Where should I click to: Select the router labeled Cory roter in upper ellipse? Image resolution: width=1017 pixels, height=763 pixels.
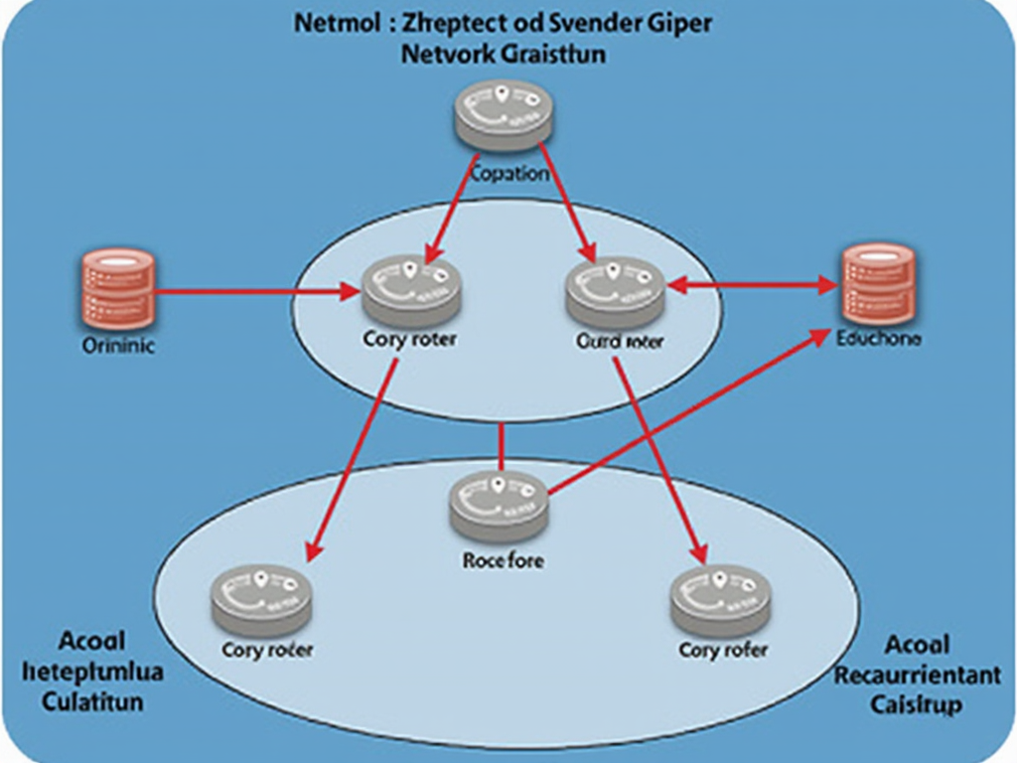pos(411,289)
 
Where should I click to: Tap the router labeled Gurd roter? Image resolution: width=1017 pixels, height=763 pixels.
pos(614,290)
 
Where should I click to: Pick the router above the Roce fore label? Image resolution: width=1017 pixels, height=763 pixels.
pos(499,505)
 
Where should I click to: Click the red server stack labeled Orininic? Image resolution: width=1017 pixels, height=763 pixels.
pos(117,289)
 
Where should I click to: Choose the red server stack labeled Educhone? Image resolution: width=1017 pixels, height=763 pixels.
pos(878,282)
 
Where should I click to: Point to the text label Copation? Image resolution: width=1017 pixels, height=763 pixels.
pos(508,174)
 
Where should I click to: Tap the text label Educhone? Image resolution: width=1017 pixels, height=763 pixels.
pos(879,339)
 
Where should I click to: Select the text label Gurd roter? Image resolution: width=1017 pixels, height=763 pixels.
pos(620,342)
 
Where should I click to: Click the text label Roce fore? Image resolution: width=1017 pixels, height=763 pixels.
pos(504,560)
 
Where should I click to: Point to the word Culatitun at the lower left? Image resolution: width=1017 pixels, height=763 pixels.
pos(92,701)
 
